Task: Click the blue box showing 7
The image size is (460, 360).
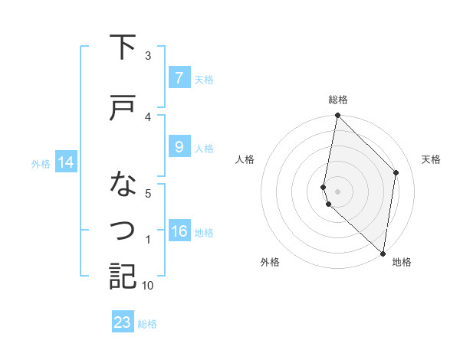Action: [x=179, y=77]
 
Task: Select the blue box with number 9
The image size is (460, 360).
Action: [x=179, y=147]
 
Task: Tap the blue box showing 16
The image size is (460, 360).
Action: [x=179, y=231]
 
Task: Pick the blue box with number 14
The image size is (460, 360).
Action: [x=65, y=162]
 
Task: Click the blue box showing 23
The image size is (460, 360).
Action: [x=122, y=322]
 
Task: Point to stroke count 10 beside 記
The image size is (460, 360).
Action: [x=148, y=286]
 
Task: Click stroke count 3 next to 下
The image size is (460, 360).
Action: [x=148, y=56]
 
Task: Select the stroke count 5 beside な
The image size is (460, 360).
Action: [x=148, y=194]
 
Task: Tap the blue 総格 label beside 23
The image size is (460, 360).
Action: [x=147, y=324]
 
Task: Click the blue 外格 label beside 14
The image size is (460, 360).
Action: [x=41, y=163]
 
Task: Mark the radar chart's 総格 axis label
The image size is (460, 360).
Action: [x=338, y=100]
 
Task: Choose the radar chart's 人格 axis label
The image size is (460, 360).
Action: [x=245, y=159]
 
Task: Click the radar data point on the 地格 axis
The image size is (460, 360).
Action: [x=383, y=253]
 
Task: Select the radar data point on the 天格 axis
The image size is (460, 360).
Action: [x=396, y=172]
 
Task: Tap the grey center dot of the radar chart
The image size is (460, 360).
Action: [x=338, y=191]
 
